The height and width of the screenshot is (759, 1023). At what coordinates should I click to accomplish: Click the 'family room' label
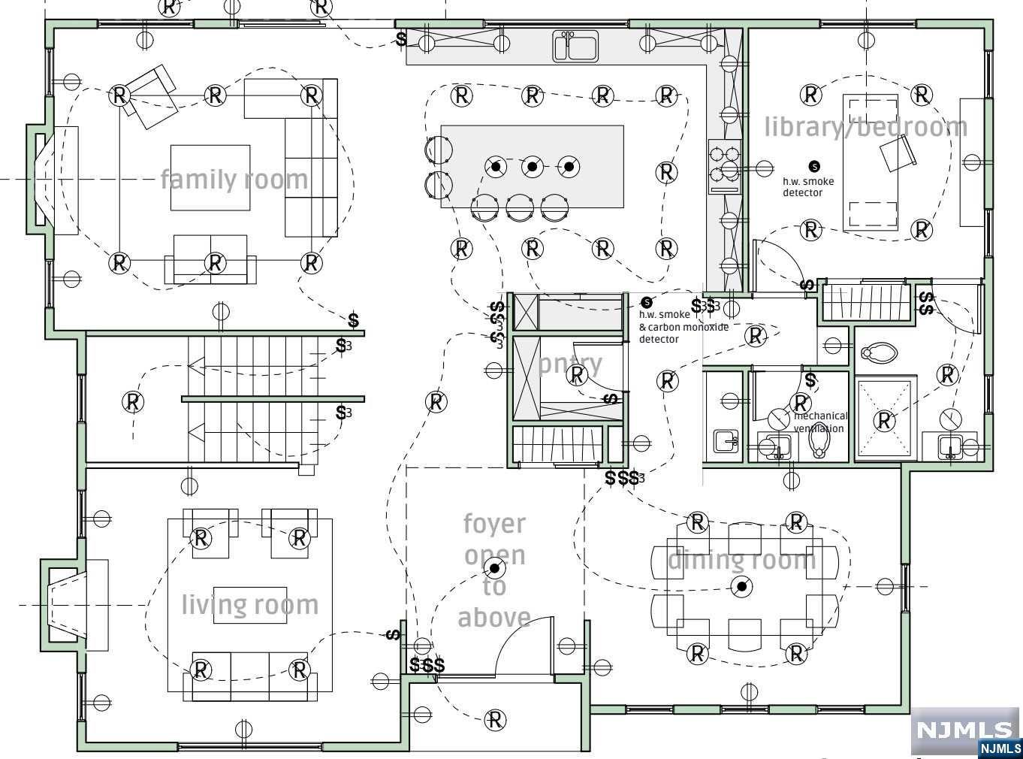coord(234,180)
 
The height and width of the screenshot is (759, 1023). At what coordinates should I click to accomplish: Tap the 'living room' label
coord(250,605)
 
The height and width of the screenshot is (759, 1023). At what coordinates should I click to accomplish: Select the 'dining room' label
coord(741,559)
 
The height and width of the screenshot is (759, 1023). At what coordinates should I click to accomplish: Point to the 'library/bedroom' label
coord(865,127)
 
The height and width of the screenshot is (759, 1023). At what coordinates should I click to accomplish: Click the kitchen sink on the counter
coord(575,46)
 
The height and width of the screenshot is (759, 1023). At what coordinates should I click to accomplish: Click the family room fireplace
coord(47,180)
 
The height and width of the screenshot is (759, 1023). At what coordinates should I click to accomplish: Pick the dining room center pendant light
coord(742,586)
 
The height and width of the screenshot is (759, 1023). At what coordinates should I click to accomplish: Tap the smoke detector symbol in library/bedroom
coord(814,166)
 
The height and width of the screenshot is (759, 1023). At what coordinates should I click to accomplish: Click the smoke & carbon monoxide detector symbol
coord(647,302)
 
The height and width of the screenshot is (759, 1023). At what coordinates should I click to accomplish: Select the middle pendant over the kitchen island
coord(532,166)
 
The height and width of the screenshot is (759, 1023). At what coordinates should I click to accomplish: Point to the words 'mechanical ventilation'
coord(820,422)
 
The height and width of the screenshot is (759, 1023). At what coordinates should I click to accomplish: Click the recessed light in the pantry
coord(577,373)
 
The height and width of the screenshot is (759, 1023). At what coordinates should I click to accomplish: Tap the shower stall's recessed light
coord(886,421)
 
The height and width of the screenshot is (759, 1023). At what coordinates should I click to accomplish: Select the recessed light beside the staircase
coord(133,402)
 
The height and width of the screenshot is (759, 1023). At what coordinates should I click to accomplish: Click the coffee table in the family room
coord(210,177)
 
